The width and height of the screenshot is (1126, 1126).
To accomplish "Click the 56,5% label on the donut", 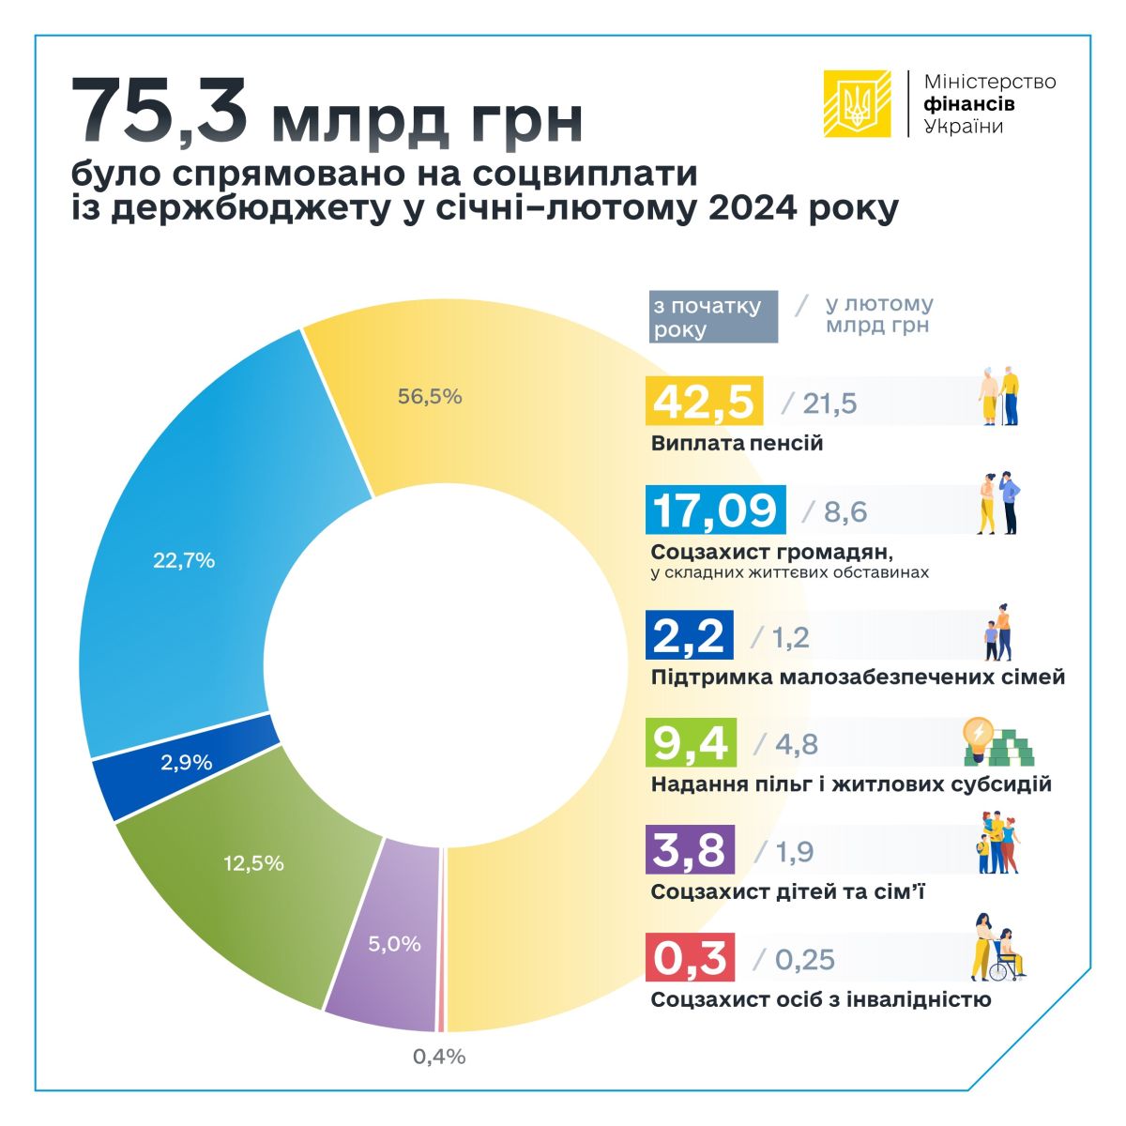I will click(430, 396).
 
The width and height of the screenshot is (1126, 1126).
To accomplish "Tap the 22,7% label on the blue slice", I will click(184, 560).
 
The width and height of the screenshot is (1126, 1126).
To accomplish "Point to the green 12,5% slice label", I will click(253, 862).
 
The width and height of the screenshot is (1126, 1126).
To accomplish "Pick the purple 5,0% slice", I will click(393, 943).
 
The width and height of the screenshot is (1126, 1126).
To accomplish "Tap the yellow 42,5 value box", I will click(704, 402).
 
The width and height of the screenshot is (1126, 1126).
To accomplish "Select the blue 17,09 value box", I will click(716, 510).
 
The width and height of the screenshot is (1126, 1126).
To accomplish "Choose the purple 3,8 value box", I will click(691, 850).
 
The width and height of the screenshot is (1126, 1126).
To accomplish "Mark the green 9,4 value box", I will click(692, 742).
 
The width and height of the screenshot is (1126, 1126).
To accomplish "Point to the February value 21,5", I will click(829, 403).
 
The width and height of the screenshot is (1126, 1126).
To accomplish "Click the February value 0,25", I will click(804, 959).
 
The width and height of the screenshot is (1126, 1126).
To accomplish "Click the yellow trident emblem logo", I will click(857, 103).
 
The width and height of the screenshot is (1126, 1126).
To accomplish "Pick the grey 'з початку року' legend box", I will click(713, 317).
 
